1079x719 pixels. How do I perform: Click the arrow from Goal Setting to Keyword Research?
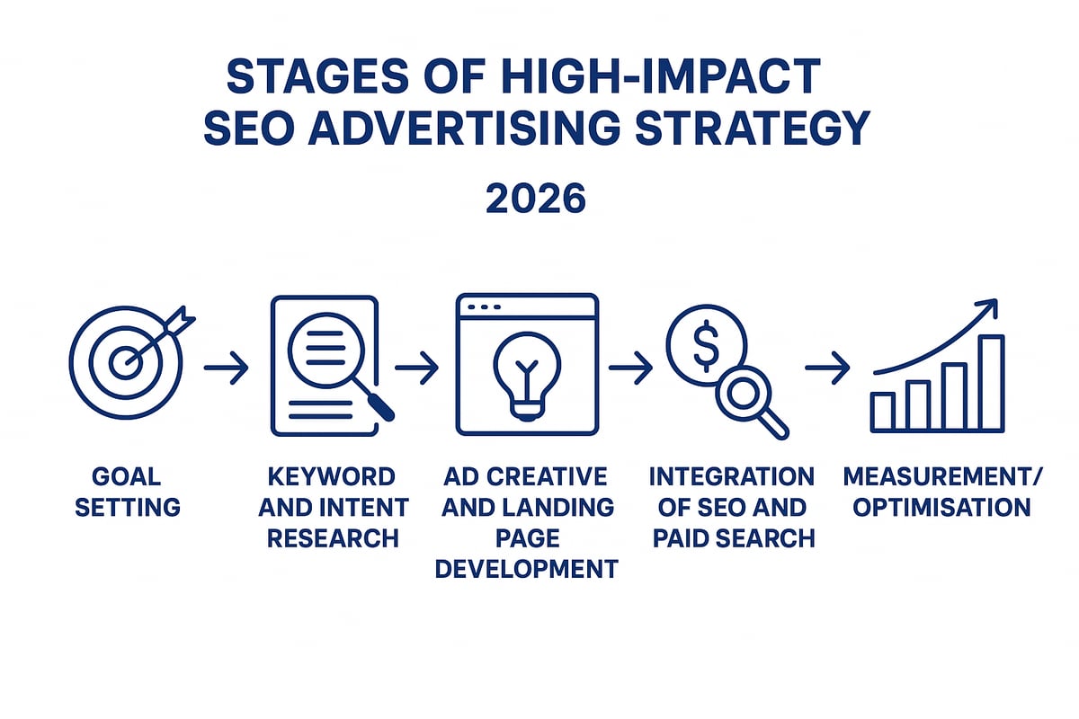[226, 368]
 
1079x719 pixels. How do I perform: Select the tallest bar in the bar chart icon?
[990, 383]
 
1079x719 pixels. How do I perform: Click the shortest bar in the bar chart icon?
[883, 411]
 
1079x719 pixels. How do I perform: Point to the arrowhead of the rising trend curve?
[987, 309]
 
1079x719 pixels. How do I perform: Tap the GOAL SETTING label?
[127, 492]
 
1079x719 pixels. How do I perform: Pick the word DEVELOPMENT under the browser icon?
[526, 568]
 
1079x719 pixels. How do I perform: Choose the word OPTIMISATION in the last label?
[941, 507]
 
